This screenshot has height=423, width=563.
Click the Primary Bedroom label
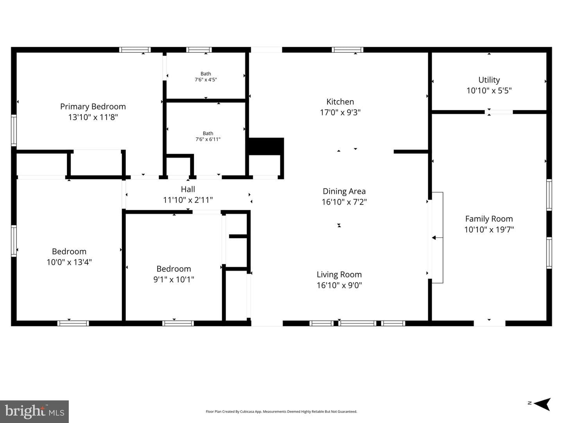pos(93,106)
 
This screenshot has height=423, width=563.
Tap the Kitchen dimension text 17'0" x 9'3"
pos(340,112)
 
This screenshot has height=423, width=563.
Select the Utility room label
pos(489,80)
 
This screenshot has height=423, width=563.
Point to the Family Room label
pos(489,219)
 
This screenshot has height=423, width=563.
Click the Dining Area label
pos(344,191)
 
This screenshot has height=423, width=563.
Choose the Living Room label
pos(339,274)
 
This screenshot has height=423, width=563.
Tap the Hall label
pos(188,189)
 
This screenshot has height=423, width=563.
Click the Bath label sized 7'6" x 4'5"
pos(206,74)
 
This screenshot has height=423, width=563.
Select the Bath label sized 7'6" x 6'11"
pos(208,133)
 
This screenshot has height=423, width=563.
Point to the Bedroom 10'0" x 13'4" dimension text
pos(69,262)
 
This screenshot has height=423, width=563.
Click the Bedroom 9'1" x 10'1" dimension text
pos(174,279)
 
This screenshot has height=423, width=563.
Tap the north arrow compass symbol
pos(542,405)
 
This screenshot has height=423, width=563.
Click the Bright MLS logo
pos(34,411)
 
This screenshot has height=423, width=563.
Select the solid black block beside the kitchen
pos(266,146)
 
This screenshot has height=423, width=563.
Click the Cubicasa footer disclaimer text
pos(281,411)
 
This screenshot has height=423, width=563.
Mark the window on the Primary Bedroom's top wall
pos(135,50)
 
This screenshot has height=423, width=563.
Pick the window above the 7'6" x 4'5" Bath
pos(199,50)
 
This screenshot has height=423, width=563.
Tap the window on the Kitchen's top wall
pos(347,50)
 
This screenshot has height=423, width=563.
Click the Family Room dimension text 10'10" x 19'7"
pos(489,229)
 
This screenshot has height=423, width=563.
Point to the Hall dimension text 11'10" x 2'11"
pos(188,200)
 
